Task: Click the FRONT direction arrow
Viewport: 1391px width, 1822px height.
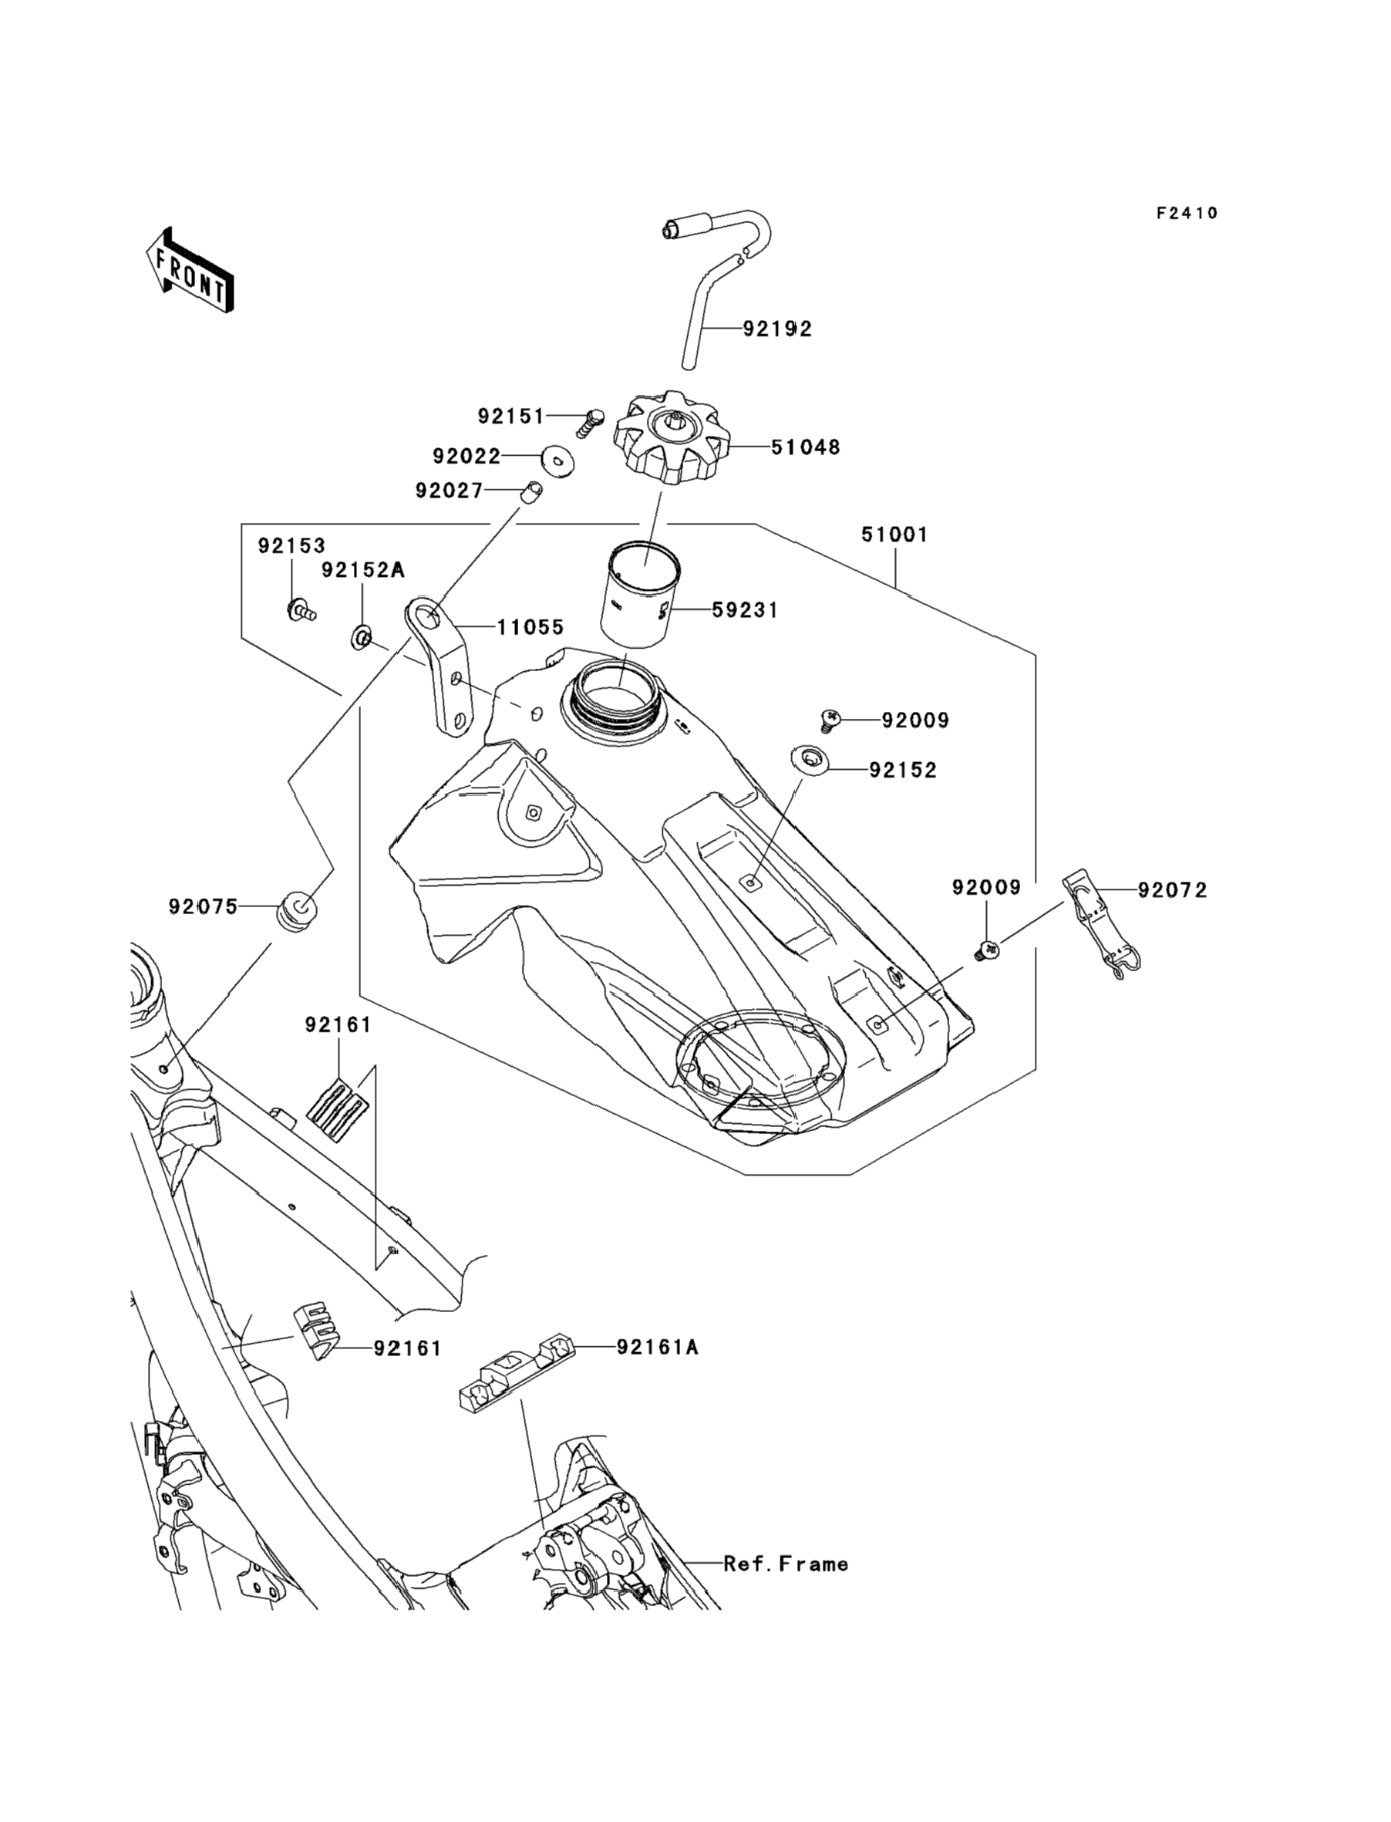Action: [x=190, y=270]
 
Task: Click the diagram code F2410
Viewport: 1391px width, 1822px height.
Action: [x=1187, y=214]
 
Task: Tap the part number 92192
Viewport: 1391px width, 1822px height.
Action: [x=776, y=329]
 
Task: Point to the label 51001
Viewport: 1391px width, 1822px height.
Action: [x=894, y=535]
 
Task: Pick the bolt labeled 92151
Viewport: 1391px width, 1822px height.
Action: [x=591, y=423]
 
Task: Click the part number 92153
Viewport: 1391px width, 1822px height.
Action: [x=291, y=546]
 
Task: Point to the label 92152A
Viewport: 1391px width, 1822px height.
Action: [x=362, y=570]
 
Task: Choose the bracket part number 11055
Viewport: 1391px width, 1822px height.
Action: [x=530, y=627]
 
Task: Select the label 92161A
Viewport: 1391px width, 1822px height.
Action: [x=658, y=1348]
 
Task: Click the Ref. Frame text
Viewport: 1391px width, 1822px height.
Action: [x=786, y=1564]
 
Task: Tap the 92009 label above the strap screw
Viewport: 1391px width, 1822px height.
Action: [x=986, y=888]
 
